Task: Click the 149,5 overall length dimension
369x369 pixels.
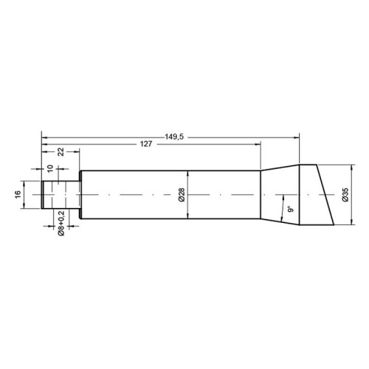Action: coord(174,137)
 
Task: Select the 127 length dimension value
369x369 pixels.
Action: coord(146,144)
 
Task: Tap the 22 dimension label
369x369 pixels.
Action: coord(61,152)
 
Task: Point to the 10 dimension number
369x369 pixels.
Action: coord(50,168)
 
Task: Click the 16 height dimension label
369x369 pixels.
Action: coord(18,195)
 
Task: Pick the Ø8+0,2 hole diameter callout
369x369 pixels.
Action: coord(61,224)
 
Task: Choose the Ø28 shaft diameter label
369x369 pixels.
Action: coord(182,195)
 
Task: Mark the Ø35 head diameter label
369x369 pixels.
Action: coord(345,195)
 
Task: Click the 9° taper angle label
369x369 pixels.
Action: coord(291,210)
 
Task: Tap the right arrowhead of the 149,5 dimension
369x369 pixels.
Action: coord(297,137)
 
